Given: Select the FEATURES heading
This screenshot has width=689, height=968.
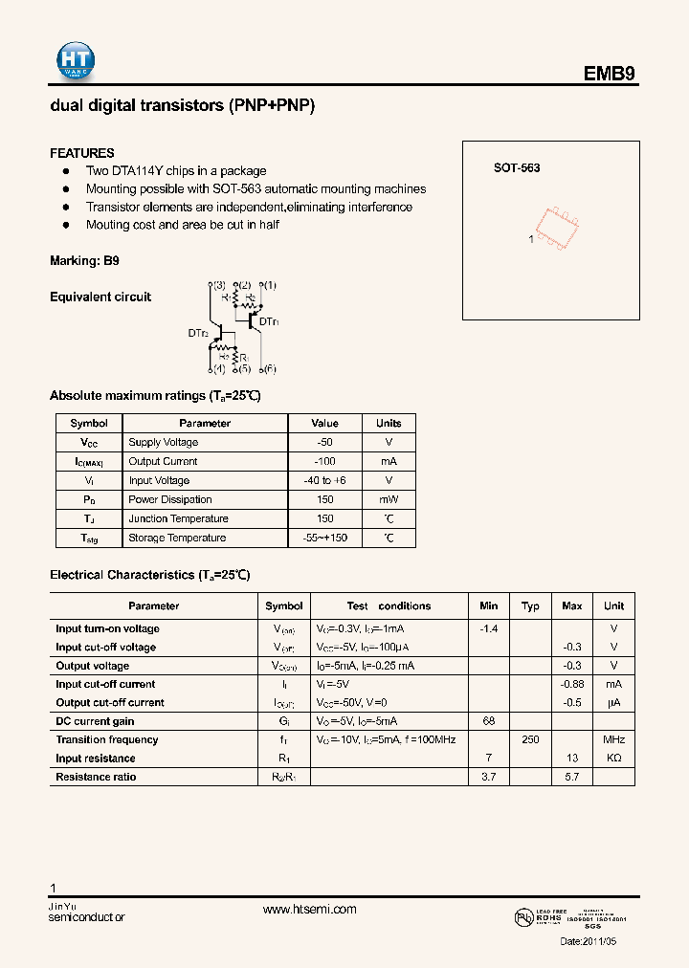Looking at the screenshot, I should pyautogui.click(x=82, y=153).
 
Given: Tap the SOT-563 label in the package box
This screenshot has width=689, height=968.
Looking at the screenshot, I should pyautogui.click(x=517, y=167).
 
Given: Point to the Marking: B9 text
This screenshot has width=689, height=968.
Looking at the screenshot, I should pyautogui.click(x=84, y=260).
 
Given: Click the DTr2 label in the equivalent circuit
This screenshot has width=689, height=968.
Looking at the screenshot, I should pyautogui.click(x=198, y=333).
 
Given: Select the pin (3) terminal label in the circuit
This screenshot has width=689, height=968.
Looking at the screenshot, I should pyautogui.click(x=218, y=285).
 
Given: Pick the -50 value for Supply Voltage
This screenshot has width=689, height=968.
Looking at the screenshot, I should pyautogui.click(x=324, y=442).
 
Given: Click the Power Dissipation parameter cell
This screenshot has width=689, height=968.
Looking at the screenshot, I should pyautogui.click(x=170, y=499).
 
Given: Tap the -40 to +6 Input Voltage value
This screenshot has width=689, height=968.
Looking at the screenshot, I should pyautogui.click(x=324, y=480).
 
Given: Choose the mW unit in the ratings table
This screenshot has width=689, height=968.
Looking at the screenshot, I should pyautogui.click(x=389, y=499).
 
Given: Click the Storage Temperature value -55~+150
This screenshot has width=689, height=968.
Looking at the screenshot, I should pyautogui.click(x=324, y=538).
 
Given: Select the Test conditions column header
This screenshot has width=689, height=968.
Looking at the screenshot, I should pyautogui.click(x=389, y=605).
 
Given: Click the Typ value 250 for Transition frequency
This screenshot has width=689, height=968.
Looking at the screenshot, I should pyautogui.click(x=530, y=739).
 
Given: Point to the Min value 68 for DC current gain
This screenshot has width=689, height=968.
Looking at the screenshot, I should pyautogui.click(x=488, y=721).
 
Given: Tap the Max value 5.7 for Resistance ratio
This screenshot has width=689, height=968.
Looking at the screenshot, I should pyautogui.click(x=571, y=777).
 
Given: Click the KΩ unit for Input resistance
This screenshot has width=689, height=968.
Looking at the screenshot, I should pyautogui.click(x=613, y=759).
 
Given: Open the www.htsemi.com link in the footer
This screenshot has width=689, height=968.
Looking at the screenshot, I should pyautogui.click(x=309, y=910).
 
